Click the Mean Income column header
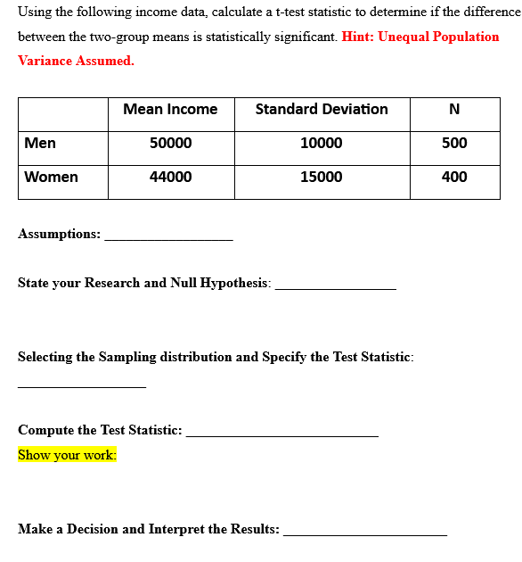[x=170, y=109]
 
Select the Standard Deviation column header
[x=322, y=109]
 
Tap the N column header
[x=454, y=110]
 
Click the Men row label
[x=40, y=143]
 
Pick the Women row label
[x=51, y=177]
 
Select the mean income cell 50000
[x=170, y=143]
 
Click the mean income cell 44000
[x=170, y=177]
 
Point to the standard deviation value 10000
[x=322, y=143]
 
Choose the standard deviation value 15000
[x=322, y=177]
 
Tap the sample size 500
[x=454, y=143]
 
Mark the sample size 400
[x=454, y=177]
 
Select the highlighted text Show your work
[x=67, y=455]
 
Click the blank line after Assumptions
[x=168, y=238]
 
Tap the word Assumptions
[x=59, y=234]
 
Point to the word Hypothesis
[x=236, y=283]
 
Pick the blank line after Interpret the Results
[x=364, y=533]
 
